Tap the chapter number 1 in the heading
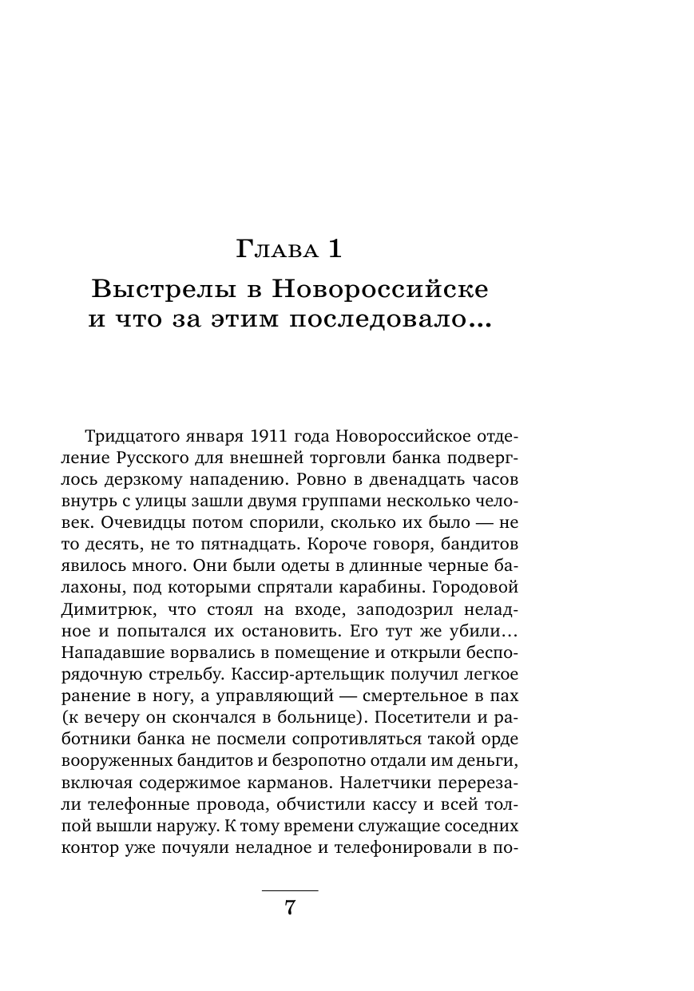(333, 249)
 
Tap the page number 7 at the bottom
(290, 907)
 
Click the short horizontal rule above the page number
(290, 890)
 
